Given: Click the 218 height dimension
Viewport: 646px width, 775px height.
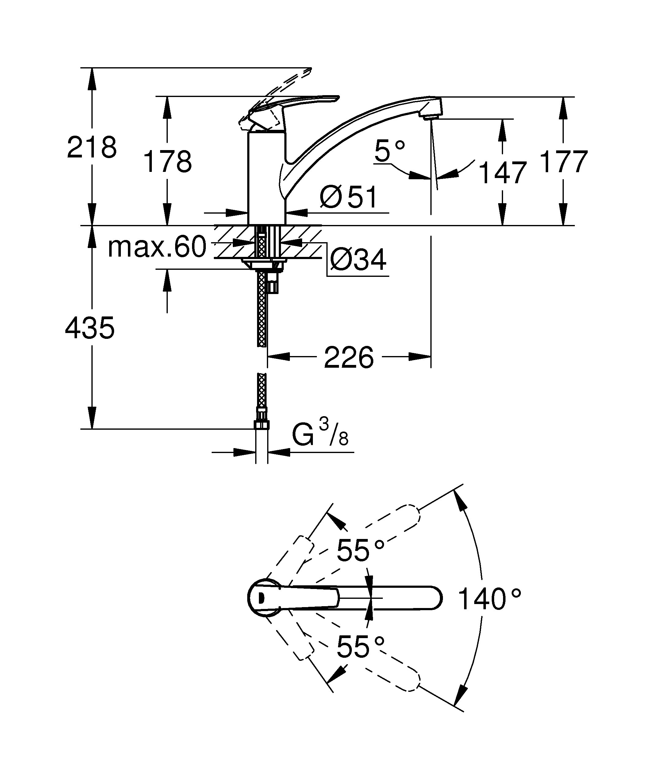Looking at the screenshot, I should [92, 147].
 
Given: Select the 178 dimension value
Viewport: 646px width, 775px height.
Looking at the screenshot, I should [167, 162].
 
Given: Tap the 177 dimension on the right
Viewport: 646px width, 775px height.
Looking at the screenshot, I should [563, 162].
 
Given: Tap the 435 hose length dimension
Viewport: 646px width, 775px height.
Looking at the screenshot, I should [90, 328].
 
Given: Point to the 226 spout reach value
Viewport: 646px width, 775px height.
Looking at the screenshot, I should [349, 357].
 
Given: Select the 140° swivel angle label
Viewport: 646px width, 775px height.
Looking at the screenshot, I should [489, 600].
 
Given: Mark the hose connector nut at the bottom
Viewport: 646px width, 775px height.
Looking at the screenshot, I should [261, 425].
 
